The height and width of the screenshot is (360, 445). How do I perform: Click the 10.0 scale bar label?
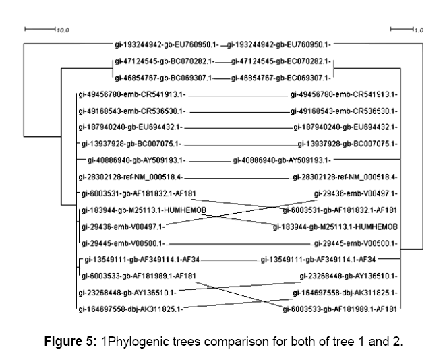click(63, 30)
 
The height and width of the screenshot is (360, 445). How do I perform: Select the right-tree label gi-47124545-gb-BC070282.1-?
click(280, 61)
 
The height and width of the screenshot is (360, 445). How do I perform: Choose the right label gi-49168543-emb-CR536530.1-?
click(343, 110)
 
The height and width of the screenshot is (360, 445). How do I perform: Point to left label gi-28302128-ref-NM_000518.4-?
click(131, 177)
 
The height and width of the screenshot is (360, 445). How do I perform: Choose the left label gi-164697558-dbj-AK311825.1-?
click(131, 309)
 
